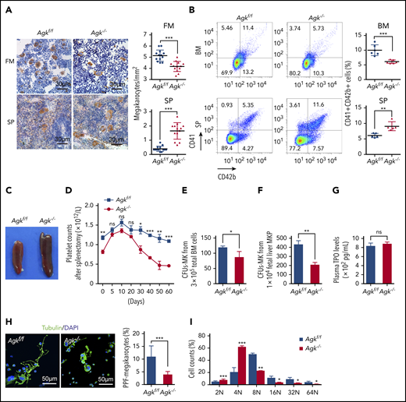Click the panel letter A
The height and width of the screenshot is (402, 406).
click(5, 6)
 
